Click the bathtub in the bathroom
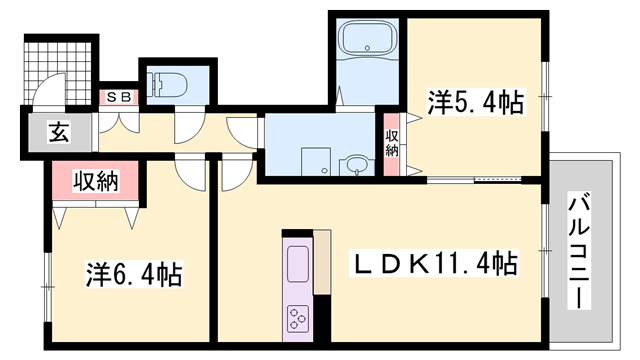click(368, 38)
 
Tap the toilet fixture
click(167, 85)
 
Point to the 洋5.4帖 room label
click(475, 102)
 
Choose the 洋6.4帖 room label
click(134, 274)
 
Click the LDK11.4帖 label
click(433, 263)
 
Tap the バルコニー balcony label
click(579, 253)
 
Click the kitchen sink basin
click(298, 264)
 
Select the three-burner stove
click(298, 318)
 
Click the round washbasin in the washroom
click(358, 165)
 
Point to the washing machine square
click(316, 162)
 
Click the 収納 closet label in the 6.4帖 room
click(96, 182)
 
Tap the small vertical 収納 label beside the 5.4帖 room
click(392, 143)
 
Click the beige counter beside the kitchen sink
click(322, 262)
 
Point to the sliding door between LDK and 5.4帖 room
click(474, 179)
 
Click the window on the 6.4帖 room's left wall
click(48, 287)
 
